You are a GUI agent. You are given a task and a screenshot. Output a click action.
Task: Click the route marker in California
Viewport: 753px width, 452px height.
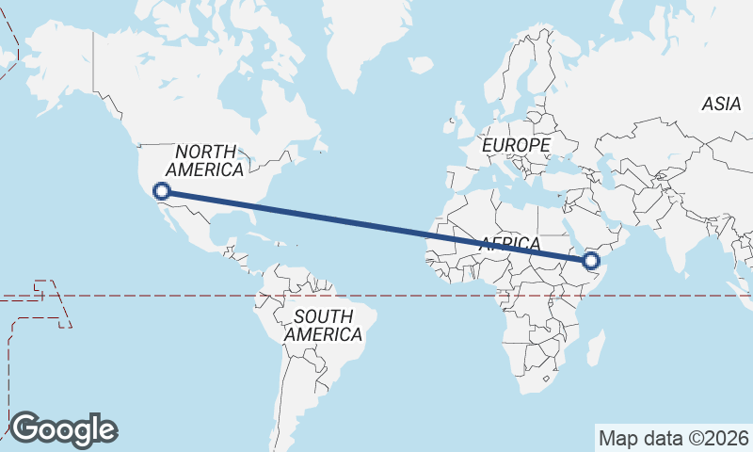162,191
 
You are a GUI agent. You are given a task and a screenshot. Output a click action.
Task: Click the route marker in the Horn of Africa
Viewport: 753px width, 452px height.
592,261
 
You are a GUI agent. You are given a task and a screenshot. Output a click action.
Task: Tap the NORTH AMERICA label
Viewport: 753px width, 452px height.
205,160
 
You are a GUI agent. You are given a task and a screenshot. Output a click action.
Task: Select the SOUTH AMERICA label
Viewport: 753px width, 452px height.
323,325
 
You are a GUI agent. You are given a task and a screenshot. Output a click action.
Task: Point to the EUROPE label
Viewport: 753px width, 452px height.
515,146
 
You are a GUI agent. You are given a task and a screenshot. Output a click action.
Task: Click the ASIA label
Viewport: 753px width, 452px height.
721,105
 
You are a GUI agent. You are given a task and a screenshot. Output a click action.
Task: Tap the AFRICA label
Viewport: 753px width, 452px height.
510,244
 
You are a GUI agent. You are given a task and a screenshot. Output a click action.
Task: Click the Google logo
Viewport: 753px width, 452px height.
63,428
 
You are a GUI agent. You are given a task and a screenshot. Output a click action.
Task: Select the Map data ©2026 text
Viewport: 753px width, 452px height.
674,438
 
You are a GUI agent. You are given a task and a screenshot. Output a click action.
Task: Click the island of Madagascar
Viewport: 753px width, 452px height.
595,349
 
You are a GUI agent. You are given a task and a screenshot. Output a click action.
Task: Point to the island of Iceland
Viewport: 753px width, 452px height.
421,66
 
